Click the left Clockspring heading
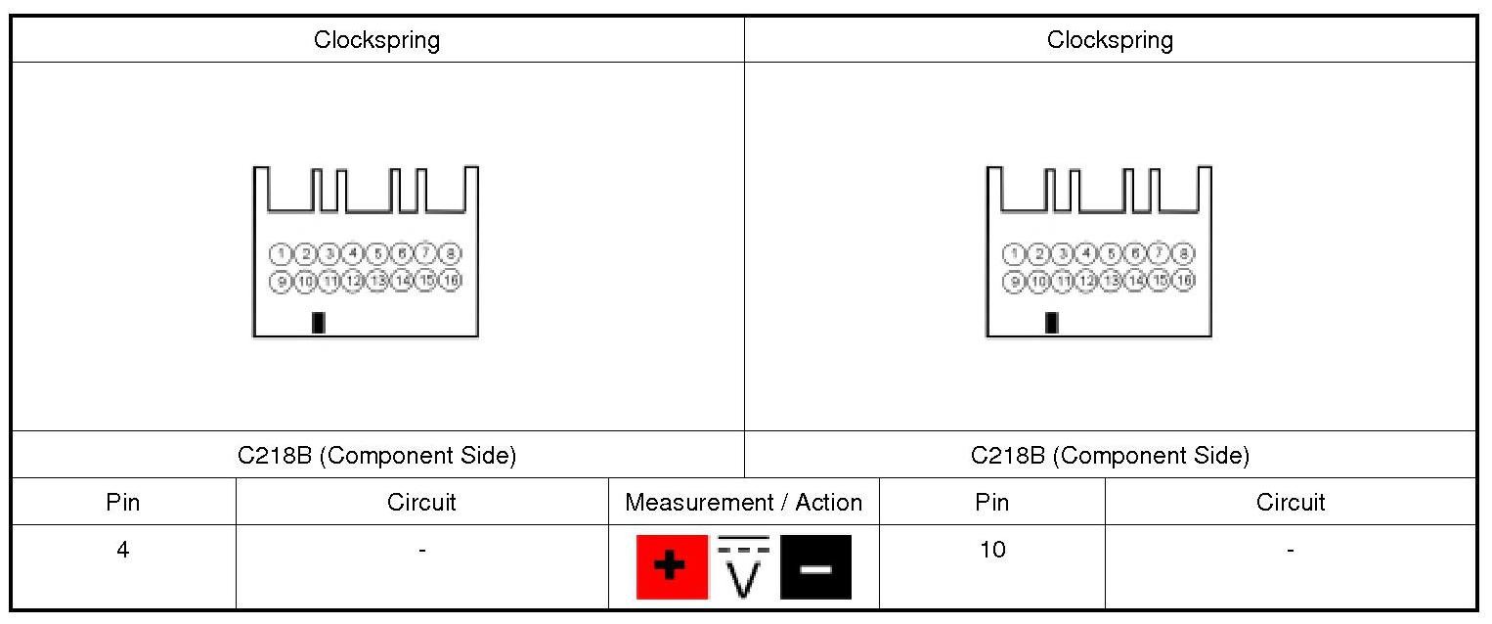point(376,40)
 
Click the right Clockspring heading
point(1110,40)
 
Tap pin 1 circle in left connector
point(282,254)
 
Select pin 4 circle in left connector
point(354,254)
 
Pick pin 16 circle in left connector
point(450,281)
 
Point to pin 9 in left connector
point(282,281)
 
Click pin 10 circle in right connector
point(1038,281)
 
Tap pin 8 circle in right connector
point(1183,254)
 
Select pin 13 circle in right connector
point(1111,281)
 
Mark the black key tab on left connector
point(318,323)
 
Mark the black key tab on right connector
point(1051,323)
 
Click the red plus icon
point(671,567)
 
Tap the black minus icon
point(815,567)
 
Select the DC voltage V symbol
point(744,567)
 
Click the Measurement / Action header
point(743,503)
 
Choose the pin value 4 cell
point(123,550)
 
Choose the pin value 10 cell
point(991,550)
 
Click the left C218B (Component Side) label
point(376,456)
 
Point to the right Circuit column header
point(1290,503)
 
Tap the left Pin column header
point(123,503)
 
